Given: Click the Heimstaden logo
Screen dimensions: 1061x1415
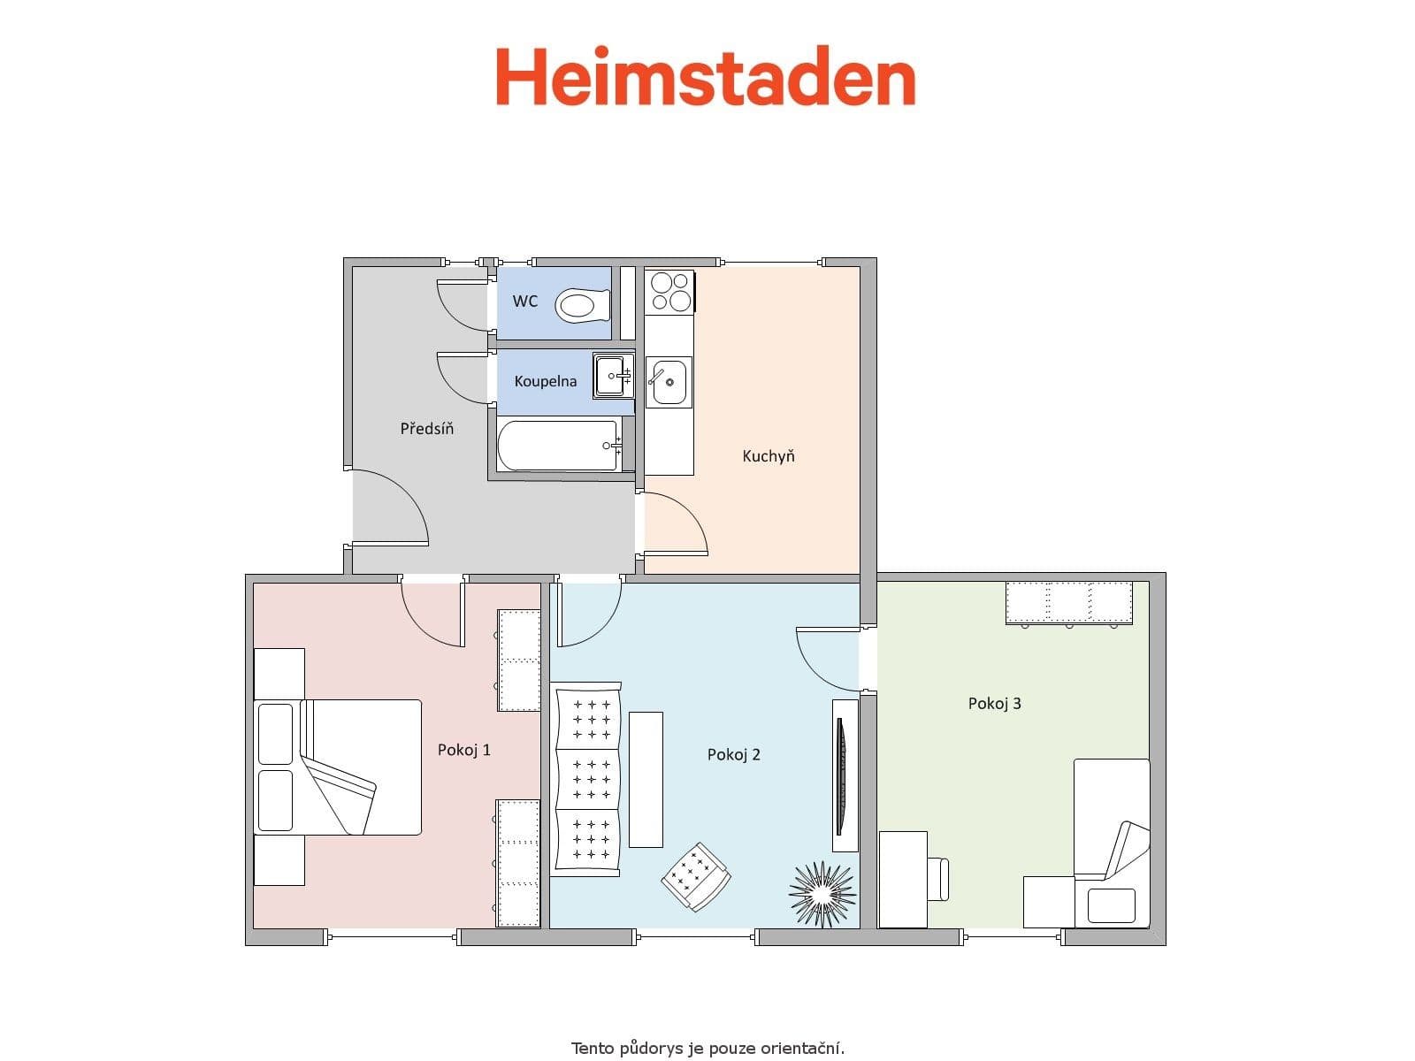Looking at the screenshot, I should (x=705, y=78).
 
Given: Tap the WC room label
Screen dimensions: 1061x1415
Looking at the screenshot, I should (x=525, y=302).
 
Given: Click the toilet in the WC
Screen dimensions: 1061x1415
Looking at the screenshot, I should (x=583, y=306).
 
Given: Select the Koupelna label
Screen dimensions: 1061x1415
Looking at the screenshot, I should (x=546, y=381).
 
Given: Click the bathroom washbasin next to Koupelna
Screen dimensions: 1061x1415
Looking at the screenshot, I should (x=612, y=376).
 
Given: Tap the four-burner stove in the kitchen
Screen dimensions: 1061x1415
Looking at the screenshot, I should (x=669, y=292).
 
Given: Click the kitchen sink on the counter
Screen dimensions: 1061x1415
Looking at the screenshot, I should (x=668, y=382).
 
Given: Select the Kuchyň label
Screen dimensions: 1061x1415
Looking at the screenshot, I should (x=769, y=456).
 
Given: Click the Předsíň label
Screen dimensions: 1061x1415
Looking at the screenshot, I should (x=427, y=429).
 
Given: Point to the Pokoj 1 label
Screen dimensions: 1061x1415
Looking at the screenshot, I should (x=464, y=750).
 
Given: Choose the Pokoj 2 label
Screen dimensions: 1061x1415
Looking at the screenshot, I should (x=734, y=754).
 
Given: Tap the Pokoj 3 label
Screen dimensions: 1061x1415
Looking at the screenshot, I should (x=995, y=704).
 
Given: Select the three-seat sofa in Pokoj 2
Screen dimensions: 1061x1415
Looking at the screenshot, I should (x=585, y=779).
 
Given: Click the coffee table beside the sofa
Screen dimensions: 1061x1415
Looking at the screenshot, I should (x=646, y=779).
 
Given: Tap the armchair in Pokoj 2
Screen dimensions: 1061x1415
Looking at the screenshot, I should (x=696, y=876).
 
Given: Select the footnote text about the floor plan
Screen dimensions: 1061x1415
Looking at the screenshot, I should (x=707, y=1049).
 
